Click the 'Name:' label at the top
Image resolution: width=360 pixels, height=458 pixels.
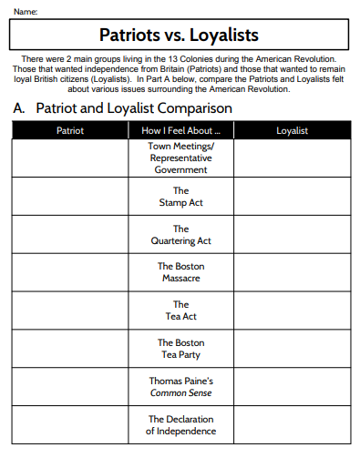[26, 11]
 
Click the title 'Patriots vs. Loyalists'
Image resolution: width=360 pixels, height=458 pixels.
[179, 36]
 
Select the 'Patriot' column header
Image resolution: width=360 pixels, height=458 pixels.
[69, 130]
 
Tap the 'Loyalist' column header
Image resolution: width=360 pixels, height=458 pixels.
[292, 130]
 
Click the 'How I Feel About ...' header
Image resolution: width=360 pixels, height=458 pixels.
[180, 130]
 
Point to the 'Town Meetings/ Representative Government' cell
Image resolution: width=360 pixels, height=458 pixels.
[180, 158]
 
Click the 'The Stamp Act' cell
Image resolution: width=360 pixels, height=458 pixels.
[180, 196]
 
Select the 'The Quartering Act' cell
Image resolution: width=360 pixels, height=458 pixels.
[180, 234]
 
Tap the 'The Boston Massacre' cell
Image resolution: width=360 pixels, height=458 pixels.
[180, 272]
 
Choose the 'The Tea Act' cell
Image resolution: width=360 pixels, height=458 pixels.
[180, 310]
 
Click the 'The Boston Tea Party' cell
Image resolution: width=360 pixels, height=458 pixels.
[180, 348]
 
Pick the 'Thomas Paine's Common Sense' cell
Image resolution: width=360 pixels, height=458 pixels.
[180, 386]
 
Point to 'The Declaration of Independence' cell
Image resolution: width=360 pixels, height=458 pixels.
[180, 424]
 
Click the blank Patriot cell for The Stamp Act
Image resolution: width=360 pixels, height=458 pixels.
[69, 196]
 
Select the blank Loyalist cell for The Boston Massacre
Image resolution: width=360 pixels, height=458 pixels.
[292, 272]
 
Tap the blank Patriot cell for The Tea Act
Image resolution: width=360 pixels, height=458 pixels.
[69, 310]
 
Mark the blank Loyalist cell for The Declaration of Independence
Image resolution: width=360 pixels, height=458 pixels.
[292, 424]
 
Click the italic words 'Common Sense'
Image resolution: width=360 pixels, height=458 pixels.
[180, 392]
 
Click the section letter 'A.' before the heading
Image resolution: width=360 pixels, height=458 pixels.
[19, 108]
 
